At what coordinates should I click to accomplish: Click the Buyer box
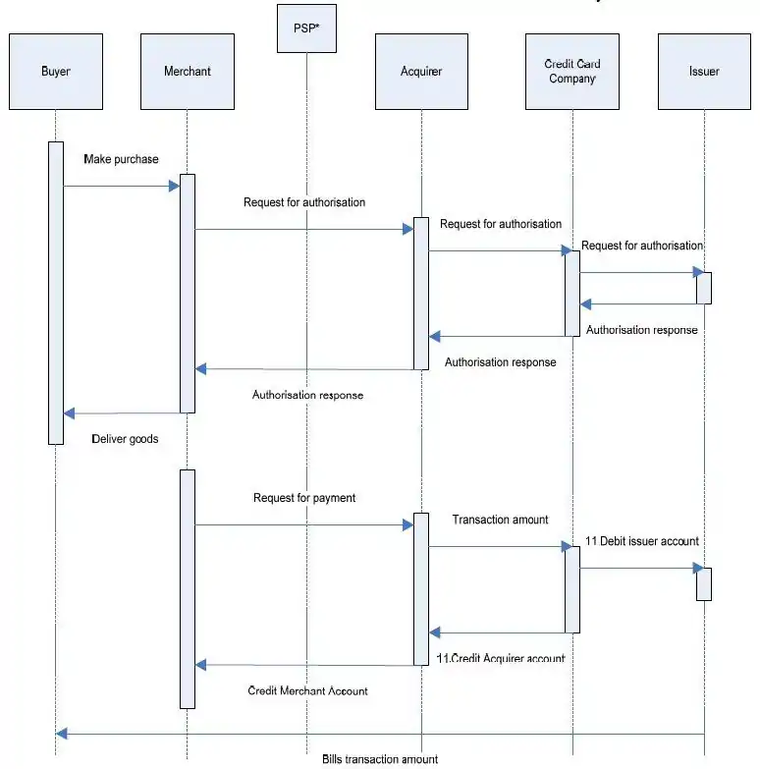pyautogui.click(x=56, y=72)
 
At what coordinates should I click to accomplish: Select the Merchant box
pyautogui.click(x=187, y=72)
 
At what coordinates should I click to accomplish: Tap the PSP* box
pyautogui.click(x=306, y=27)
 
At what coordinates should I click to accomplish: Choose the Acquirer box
pyautogui.click(x=420, y=72)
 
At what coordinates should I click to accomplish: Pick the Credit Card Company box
pyautogui.click(x=571, y=72)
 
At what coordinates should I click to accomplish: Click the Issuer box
pyautogui.click(x=704, y=72)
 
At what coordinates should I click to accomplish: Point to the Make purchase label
pyautogui.click(x=121, y=159)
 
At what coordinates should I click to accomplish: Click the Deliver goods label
pyautogui.click(x=125, y=439)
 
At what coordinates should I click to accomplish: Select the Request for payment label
pyautogui.click(x=304, y=498)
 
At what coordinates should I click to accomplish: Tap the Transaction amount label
pyautogui.click(x=500, y=520)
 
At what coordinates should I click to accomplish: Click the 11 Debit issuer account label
pyautogui.click(x=641, y=541)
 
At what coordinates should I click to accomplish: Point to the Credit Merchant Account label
pyautogui.click(x=307, y=691)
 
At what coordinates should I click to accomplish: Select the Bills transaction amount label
pyautogui.click(x=379, y=759)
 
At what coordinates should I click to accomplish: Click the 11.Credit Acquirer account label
pyautogui.click(x=501, y=658)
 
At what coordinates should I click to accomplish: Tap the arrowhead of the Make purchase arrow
pyautogui.click(x=175, y=186)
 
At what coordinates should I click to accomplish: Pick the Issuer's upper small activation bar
pyautogui.click(x=704, y=288)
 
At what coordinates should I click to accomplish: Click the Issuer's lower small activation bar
pyautogui.click(x=704, y=584)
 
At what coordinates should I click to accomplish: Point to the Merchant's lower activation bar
pyautogui.click(x=188, y=588)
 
